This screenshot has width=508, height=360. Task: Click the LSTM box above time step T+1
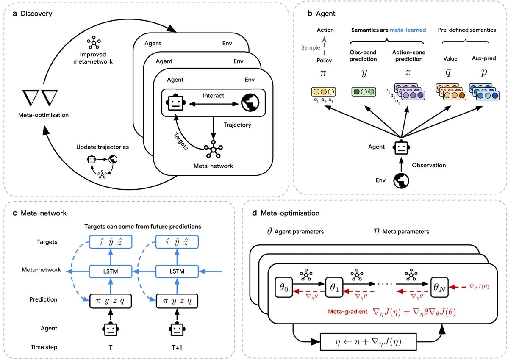[175, 269]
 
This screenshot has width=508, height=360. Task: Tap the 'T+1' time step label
[175, 347]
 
